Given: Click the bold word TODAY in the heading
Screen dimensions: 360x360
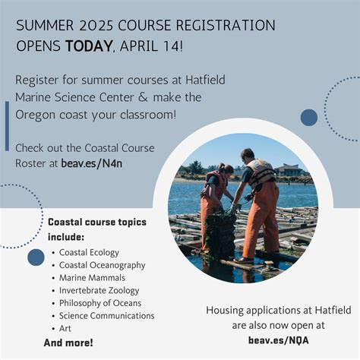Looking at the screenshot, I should (x=88, y=46).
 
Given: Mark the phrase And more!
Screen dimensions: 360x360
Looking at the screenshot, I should (x=69, y=343).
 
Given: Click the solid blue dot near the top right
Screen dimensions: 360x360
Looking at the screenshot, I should (x=309, y=117).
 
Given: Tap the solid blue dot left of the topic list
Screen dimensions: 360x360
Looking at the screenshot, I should (x=36, y=257).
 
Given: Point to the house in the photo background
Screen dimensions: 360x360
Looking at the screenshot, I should (x=289, y=170).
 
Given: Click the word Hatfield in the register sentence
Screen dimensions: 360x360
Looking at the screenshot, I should (x=199, y=80).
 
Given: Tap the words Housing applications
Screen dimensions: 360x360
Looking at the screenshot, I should (x=246, y=311).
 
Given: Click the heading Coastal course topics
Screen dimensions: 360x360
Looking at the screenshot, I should (x=97, y=223).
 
